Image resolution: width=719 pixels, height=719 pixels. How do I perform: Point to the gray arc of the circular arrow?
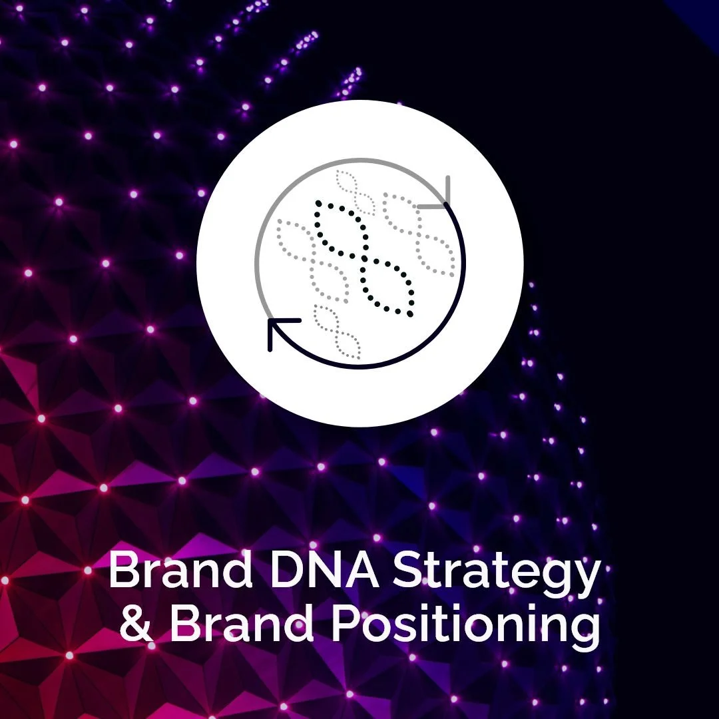266,220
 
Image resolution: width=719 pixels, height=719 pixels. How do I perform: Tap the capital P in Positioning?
346,624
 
